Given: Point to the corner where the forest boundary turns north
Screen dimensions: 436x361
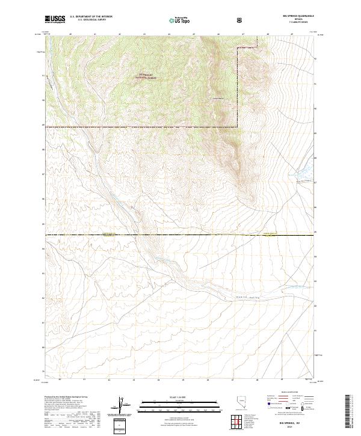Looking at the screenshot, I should [237, 126].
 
